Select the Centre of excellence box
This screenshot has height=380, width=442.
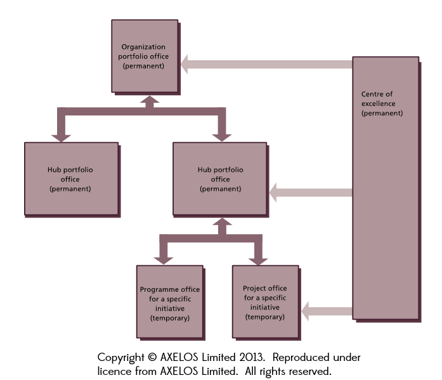pos(385,187)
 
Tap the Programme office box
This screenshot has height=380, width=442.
pos(169,301)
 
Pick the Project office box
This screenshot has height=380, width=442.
pos(265,301)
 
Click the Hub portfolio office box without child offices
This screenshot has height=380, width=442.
pos(70,179)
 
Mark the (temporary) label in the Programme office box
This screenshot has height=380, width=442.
pos(169,317)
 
